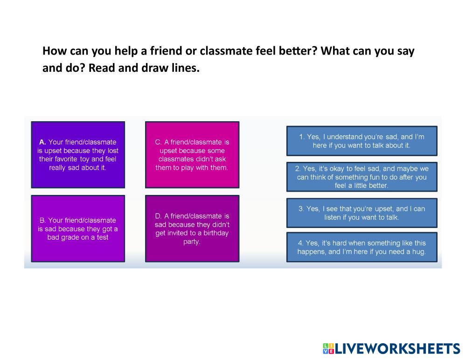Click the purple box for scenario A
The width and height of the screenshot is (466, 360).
tap(78, 155)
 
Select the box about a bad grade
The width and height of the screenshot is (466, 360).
tap(78, 228)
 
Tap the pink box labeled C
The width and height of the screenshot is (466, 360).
tap(192, 155)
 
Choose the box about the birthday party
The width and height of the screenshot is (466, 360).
tap(192, 228)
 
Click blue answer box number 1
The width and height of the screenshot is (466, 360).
tap(362, 141)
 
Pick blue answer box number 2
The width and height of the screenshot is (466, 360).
tap(362, 177)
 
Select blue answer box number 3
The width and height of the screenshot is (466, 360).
tap(362, 213)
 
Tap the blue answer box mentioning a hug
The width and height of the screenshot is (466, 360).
tap(362, 247)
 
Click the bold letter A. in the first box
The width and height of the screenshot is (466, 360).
tap(42, 142)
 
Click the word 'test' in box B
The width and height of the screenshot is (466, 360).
tap(102, 237)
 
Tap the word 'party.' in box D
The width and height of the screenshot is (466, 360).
tap(192, 242)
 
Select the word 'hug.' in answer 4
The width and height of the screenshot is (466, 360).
tap(419, 252)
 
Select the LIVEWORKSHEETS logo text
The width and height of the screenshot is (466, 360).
tap(397, 349)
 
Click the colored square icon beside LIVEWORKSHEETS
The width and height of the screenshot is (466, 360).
tap(328, 349)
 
